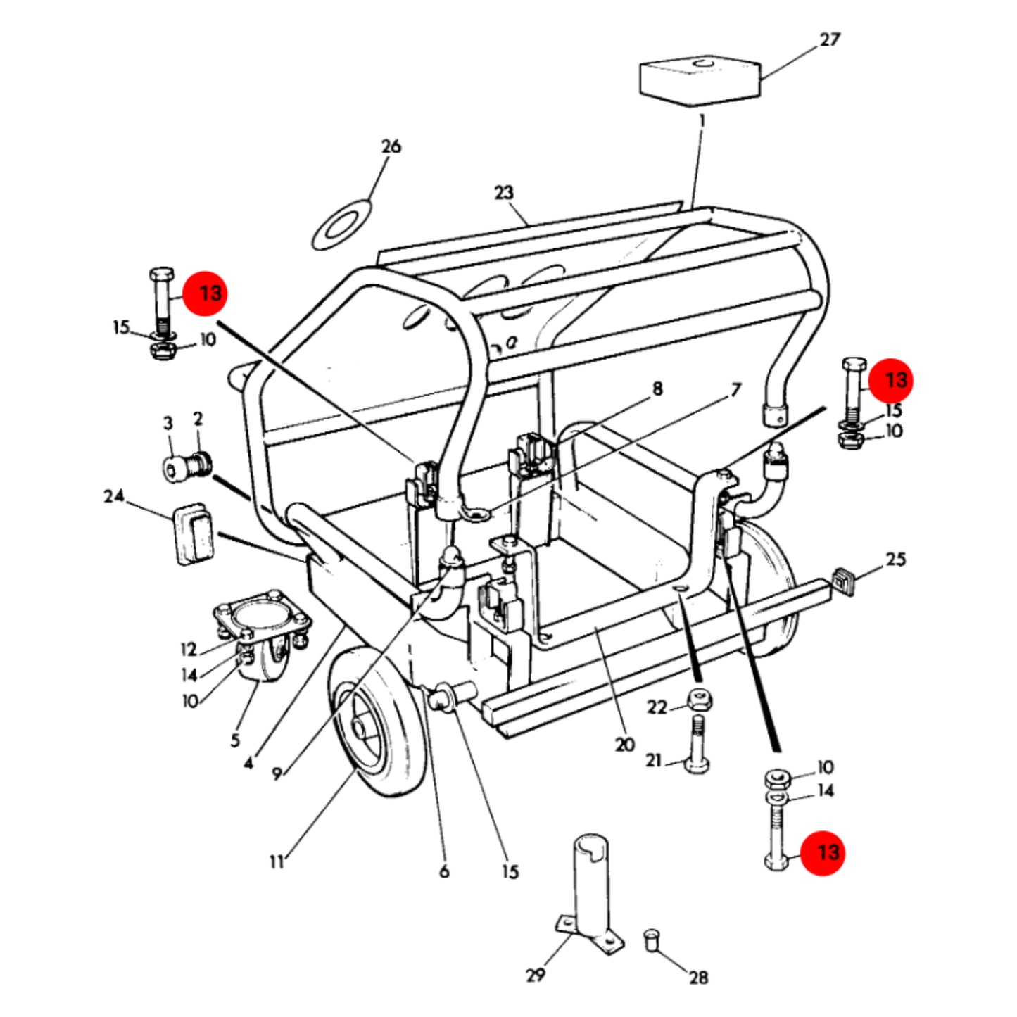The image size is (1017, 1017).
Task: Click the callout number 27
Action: pos(830,39)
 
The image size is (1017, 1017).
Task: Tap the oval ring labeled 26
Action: pos(341,224)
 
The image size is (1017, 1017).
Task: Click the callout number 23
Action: pos(503,192)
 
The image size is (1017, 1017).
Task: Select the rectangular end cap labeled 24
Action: pos(194,534)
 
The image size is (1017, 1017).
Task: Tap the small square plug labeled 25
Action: pos(842,581)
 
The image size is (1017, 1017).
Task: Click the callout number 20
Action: pos(624,745)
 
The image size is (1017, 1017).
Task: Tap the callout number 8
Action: pos(657,389)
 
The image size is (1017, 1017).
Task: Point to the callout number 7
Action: pos(735,390)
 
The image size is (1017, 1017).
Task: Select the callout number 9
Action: pos(277,774)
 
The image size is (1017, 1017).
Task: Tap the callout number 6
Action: pos(444,872)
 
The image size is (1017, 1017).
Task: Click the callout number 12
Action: pos(189,649)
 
